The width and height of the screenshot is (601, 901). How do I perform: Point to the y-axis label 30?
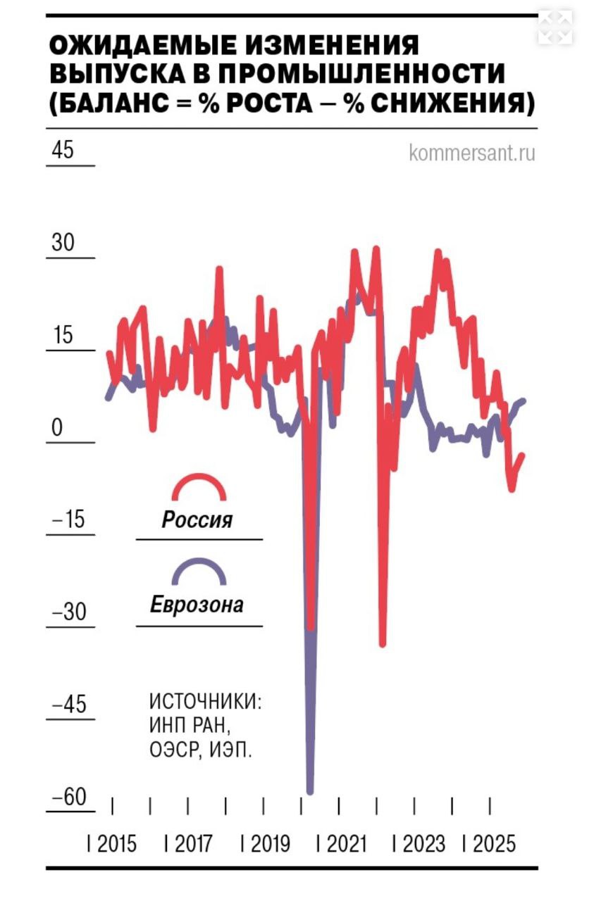pyautogui.click(x=63, y=243)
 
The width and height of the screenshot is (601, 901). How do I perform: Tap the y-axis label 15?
pyautogui.click(x=63, y=335)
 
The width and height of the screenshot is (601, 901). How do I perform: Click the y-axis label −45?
pyautogui.click(x=69, y=705)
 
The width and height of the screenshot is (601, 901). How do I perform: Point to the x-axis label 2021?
pyautogui.click(x=347, y=843)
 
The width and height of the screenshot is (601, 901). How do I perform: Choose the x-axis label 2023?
pyautogui.click(x=424, y=843)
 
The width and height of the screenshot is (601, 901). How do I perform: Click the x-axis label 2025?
pyautogui.click(x=495, y=843)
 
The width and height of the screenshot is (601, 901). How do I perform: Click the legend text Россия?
pyautogui.click(x=197, y=521)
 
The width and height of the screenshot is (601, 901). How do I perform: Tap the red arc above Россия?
pyautogui.click(x=199, y=485)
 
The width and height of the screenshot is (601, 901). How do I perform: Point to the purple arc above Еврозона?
pyautogui.click(x=199, y=571)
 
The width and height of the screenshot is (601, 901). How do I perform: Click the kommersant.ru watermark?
pyautogui.click(x=471, y=152)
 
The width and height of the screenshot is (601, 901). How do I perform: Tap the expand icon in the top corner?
pyautogui.click(x=557, y=27)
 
